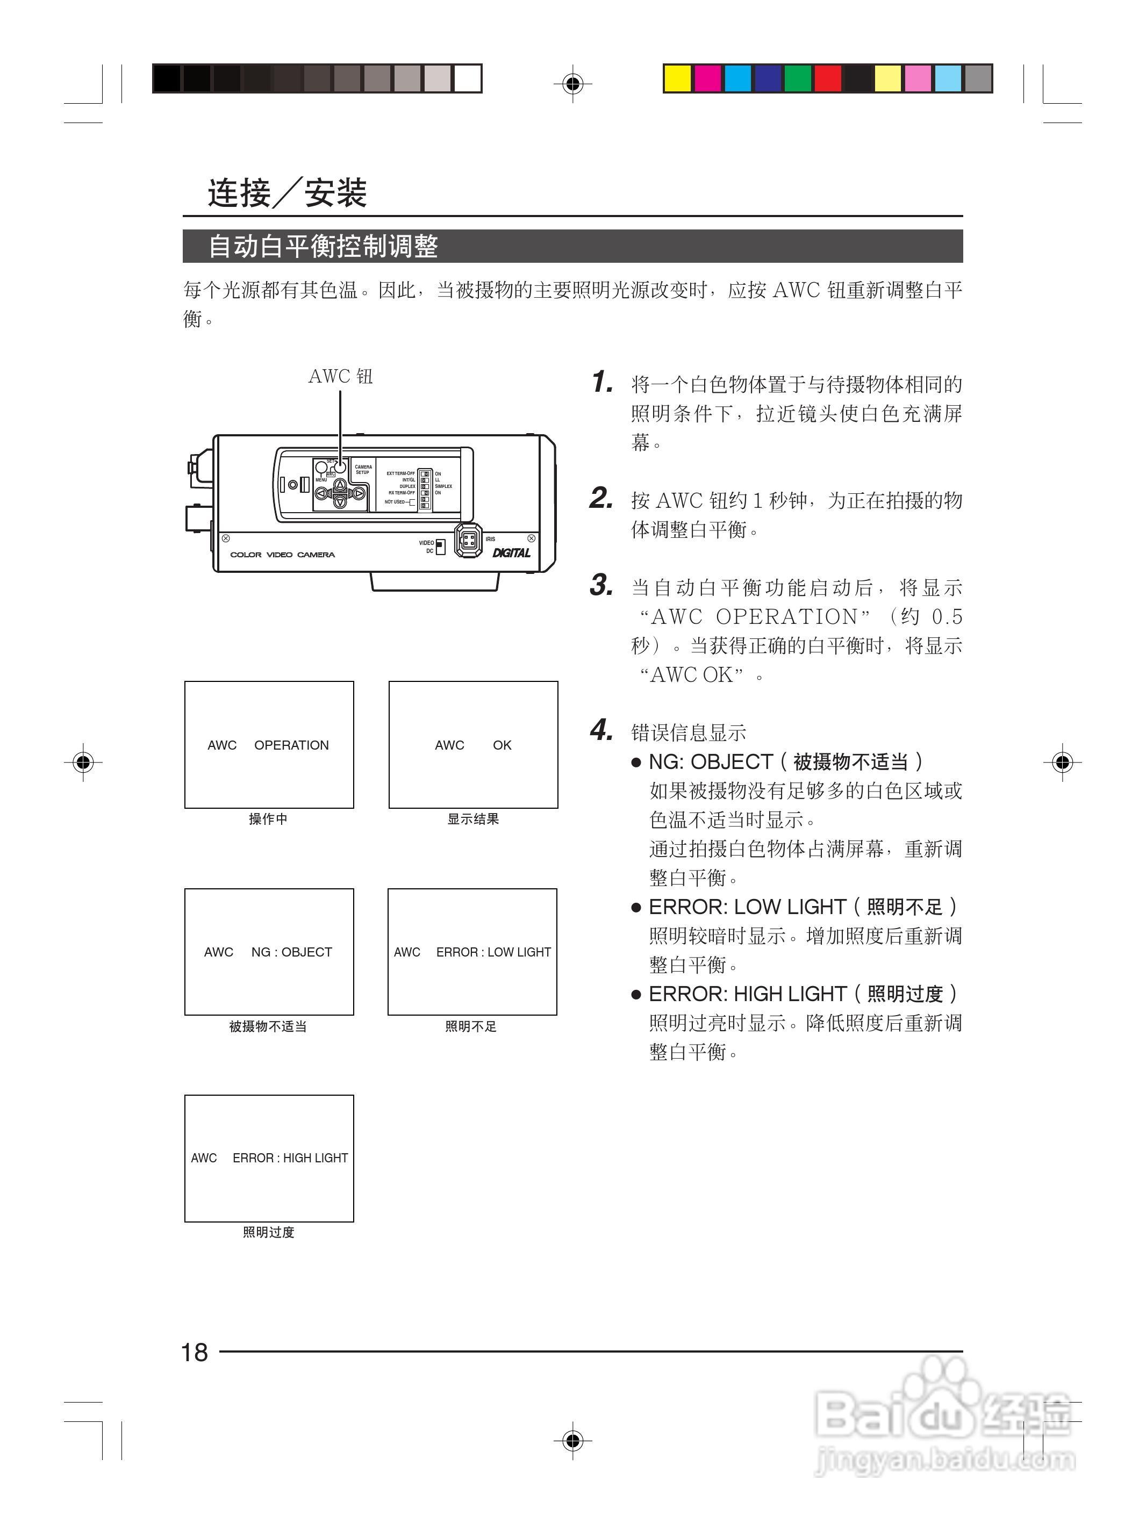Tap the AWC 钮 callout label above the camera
(x=340, y=376)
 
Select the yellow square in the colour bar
(x=677, y=78)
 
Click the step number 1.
(x=601, y=383)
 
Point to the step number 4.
(x=601, y=730)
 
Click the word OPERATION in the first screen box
(x=291, y=745)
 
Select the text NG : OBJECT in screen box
(x=291, y=952)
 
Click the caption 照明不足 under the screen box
(x=471, y=1026)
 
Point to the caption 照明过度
(x=269, y=1232)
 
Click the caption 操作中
(x=268, y=818)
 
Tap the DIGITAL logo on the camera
(x=511, y=552)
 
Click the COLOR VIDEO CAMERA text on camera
(x=283, y=555)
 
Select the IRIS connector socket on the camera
(x=469, y=540)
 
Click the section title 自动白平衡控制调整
(x=323, y=247)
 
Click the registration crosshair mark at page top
(x=572, y=84)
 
